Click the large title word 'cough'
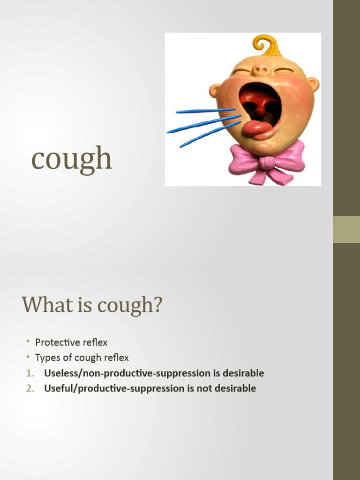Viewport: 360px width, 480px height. pos(71,159)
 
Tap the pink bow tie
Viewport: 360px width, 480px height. pos(267,163)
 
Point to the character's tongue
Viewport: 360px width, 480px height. pos(257,128)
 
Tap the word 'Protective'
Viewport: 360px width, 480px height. pos(58,343)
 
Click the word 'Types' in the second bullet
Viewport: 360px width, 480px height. pos(47,358)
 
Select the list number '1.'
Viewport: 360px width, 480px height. pos(30,374)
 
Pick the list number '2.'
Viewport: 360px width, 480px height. pos(30,389)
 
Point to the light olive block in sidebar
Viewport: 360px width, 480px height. pos(346,229)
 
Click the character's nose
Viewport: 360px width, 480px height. pos(261,70)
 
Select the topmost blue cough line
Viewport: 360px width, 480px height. pos(205,111)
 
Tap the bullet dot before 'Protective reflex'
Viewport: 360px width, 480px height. pos(28,342)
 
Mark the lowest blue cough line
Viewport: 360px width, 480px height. pos(209,135)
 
